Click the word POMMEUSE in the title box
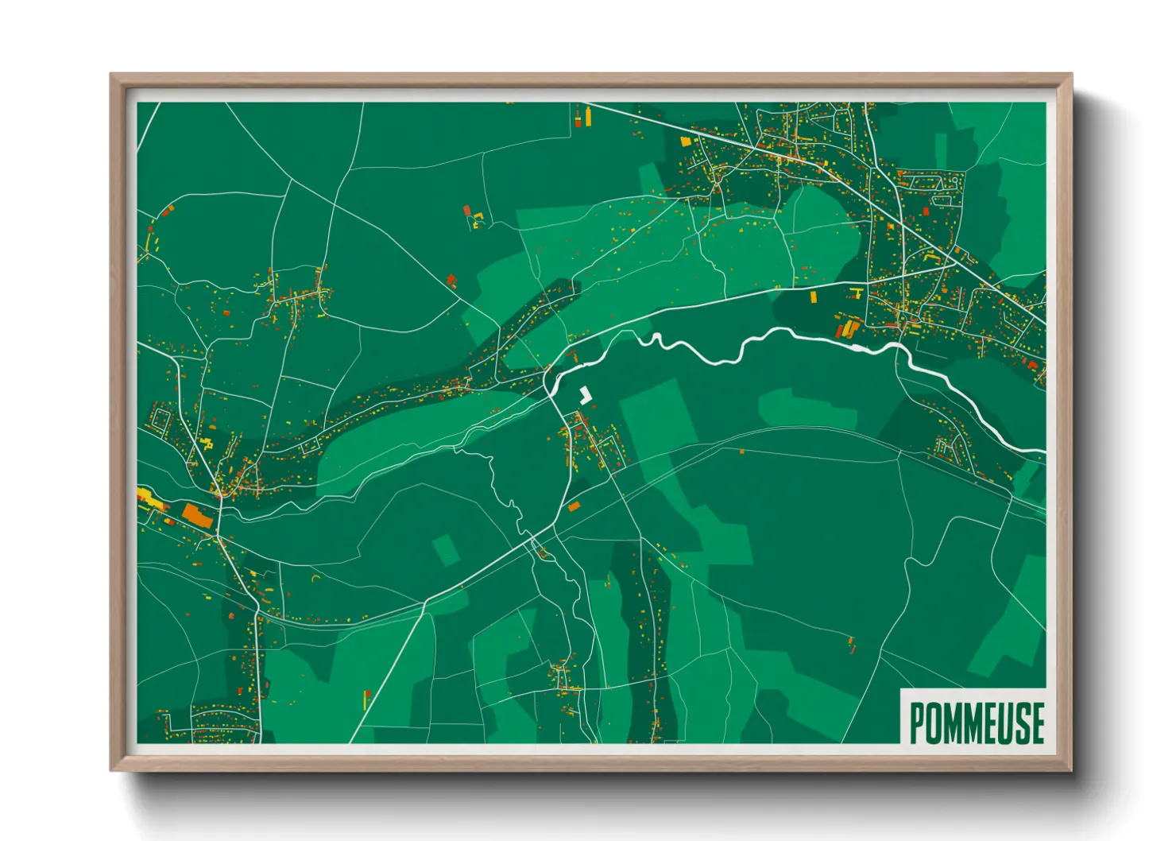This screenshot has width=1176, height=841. click(x=976, y=723)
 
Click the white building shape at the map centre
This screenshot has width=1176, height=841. click(x=586, y=395)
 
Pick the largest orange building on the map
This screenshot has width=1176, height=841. click(x=197, y=514)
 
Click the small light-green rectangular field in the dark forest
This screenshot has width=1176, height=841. click(x=445, y=550)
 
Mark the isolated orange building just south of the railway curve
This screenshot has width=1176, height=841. click(x=741, y=452)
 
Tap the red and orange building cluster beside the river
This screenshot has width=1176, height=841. click(x=847, y=327)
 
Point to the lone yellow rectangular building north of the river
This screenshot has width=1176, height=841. click(x=813, y=296)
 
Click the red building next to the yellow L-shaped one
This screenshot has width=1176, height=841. click(x=467, y=211)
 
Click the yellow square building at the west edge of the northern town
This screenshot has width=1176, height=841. click(x=686, y=141)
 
